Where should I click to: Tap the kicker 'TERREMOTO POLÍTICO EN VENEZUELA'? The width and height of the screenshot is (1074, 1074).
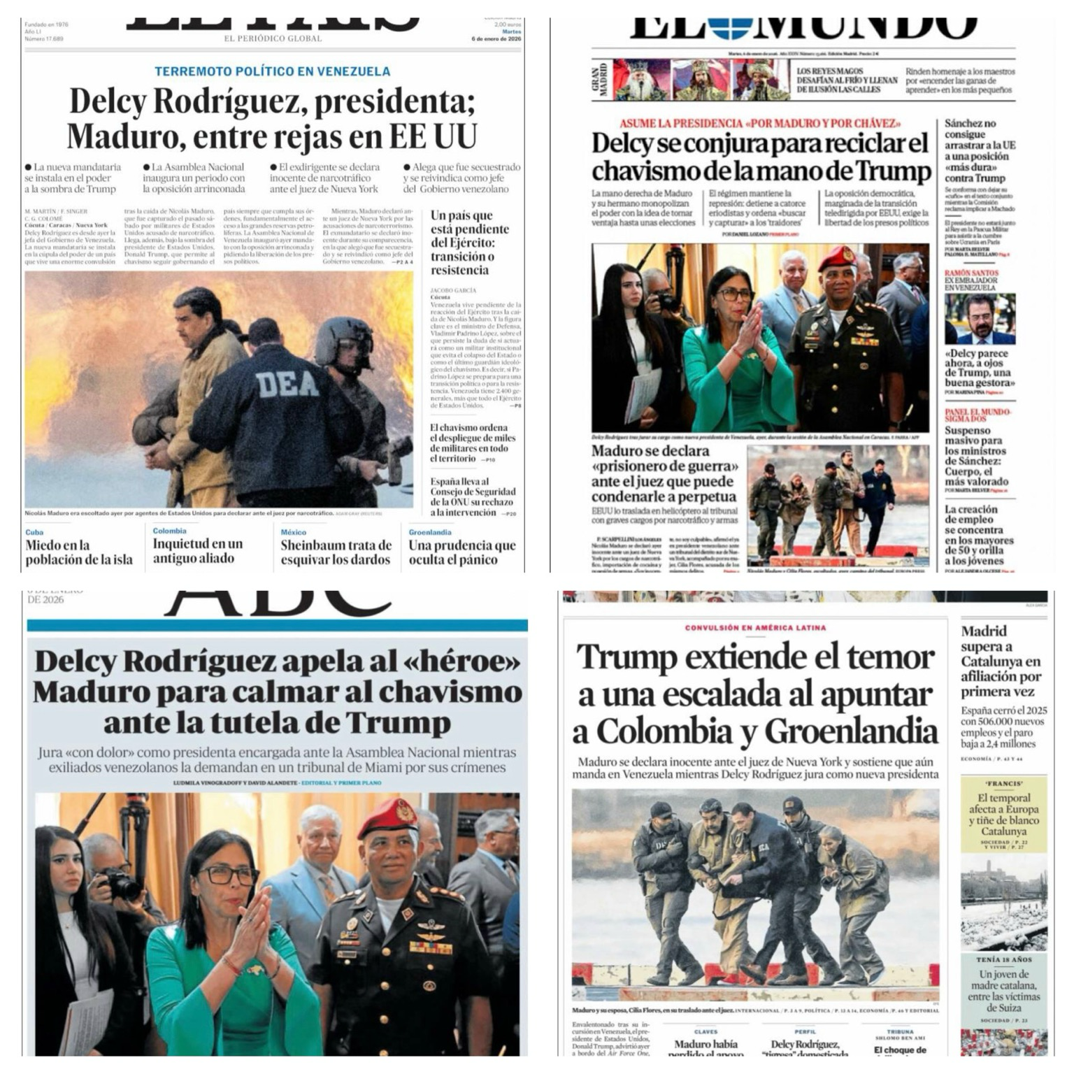click(272, 71)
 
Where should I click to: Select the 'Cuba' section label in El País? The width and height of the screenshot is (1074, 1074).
click(34, 532)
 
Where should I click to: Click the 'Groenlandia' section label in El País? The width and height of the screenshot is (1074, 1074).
click(430, 532)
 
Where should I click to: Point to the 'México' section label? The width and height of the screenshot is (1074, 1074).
click(294, 532)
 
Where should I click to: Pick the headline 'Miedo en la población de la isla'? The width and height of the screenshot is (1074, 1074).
click(79, 552)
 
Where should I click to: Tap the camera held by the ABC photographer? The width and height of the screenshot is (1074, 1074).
click(121, 885)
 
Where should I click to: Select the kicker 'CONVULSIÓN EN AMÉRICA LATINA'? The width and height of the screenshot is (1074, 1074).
click(755, 628)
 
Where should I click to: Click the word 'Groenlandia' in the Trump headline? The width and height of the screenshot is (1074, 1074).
click(851, 732)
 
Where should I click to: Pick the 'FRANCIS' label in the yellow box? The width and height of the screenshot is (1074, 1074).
click(1004, 784)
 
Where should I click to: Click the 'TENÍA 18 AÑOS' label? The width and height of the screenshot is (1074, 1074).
click(1004, 960)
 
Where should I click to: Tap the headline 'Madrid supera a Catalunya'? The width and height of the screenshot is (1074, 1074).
click(1000, 661)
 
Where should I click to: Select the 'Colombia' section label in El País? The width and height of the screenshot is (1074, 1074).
click(170, 531)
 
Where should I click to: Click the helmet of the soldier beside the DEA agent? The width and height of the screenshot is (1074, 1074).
click(342, 338)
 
